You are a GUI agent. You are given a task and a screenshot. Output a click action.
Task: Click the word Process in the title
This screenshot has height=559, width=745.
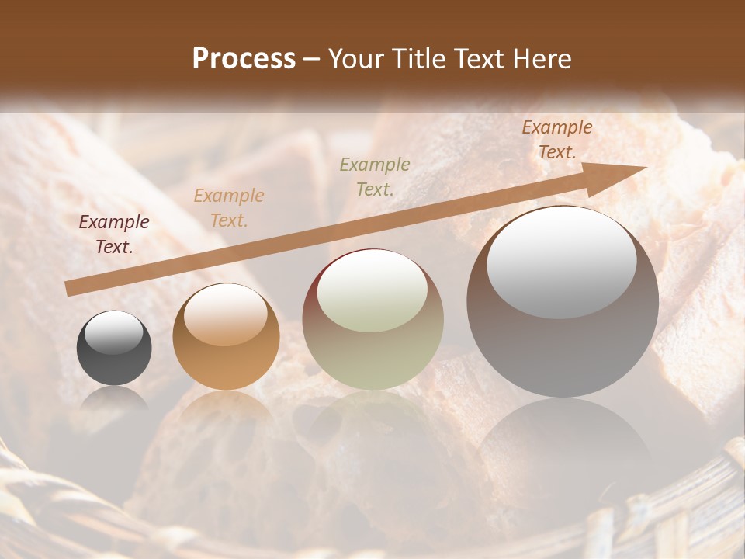click(244, 59)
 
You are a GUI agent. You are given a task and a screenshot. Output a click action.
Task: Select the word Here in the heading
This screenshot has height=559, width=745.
click(540, 59)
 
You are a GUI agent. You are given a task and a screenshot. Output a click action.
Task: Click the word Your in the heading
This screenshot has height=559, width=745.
click(358, 59)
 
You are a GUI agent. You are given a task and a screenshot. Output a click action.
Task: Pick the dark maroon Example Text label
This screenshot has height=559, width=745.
click(114, 234)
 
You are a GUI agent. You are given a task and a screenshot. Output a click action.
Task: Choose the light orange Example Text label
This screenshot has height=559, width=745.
click(229, 208)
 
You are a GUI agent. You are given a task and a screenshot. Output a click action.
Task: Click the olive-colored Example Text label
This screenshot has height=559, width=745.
click(375, 176)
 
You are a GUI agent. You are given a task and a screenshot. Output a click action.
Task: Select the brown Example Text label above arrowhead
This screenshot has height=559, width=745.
click(557, 140)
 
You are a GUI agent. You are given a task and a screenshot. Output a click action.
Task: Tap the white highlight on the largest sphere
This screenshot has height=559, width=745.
click(561, 260)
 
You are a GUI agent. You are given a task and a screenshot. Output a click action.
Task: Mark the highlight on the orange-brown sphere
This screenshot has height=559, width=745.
click(226, 314)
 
